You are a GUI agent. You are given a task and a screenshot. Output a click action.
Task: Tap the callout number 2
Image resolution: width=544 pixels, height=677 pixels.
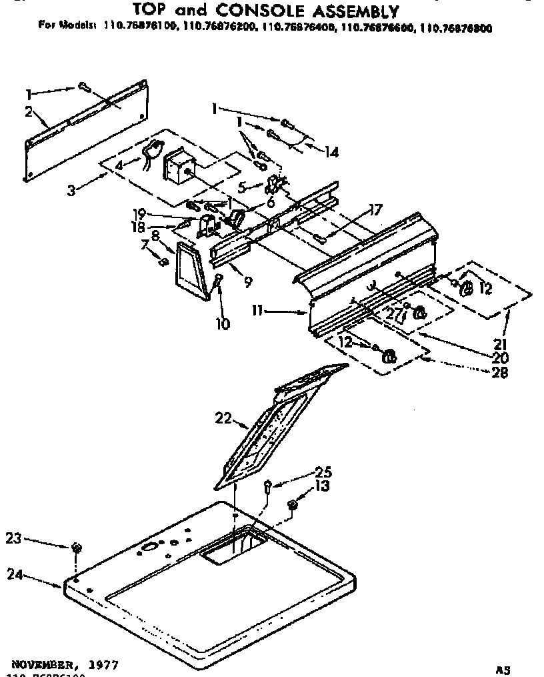click(x=29, y=111)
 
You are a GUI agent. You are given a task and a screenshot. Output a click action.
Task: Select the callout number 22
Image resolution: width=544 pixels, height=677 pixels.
click(x=223, y=418)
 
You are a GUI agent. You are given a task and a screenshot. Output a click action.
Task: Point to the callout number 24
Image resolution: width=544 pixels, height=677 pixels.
click(x=16, y=573)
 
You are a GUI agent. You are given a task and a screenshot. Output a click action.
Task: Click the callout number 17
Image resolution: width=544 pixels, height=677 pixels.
click(x=376, y=209)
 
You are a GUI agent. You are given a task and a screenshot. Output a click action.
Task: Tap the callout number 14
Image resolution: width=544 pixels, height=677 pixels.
click(x=331, y=153)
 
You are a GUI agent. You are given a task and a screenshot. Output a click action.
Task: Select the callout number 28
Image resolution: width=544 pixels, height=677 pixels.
click(x=499, y=374)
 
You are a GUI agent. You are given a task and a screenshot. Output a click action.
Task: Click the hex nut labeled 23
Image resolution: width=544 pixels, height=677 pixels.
click(x=77, y=548)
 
